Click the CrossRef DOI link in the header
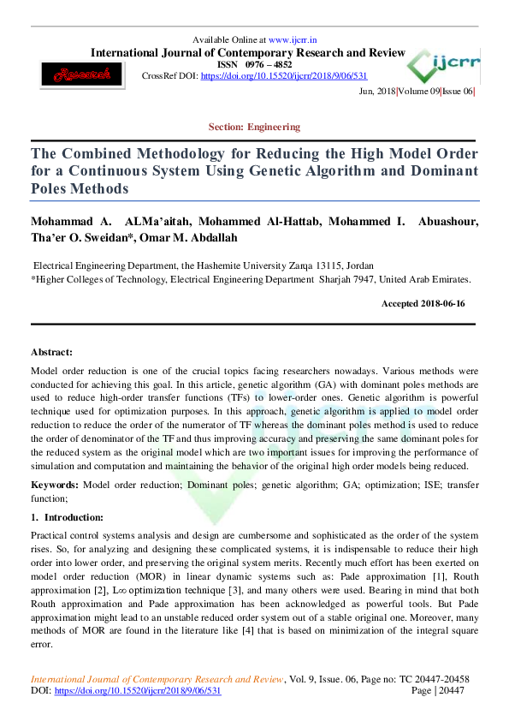point(284,75)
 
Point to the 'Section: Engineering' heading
point(254,127)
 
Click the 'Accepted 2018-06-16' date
point(428,304)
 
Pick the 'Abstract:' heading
point(51,352)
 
